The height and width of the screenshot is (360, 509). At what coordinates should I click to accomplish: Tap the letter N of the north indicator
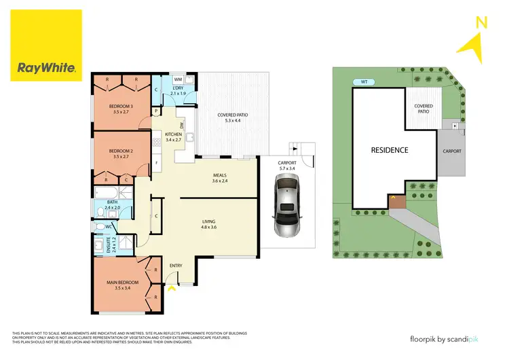[482, 22]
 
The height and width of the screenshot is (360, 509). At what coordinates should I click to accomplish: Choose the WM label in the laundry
[177, 79]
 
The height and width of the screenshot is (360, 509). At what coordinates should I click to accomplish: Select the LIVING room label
[217, 221]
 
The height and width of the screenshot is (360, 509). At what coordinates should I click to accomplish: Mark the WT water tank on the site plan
[364, 82]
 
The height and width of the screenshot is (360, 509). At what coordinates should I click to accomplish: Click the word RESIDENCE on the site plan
[389, 149]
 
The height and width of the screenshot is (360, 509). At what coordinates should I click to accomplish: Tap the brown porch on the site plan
[395, 201]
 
